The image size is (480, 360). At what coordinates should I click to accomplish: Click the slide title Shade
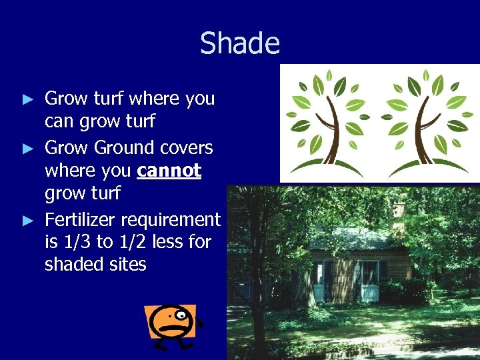240,43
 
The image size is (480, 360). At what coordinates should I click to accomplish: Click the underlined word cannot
169,171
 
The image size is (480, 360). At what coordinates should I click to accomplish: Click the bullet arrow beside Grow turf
27,99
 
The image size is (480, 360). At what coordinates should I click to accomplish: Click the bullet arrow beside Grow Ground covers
27,148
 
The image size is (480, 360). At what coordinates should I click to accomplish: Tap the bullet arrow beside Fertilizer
27,220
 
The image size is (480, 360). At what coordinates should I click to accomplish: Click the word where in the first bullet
154,99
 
